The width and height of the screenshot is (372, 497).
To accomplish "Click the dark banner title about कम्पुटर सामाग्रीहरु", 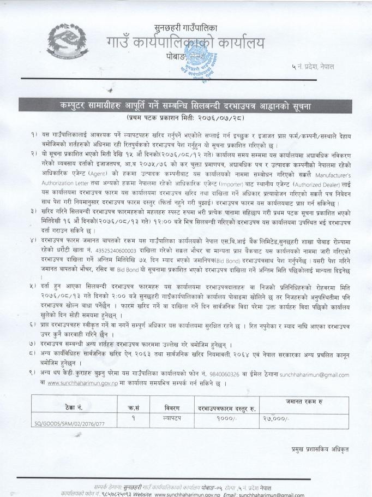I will [x=187, y=104].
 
